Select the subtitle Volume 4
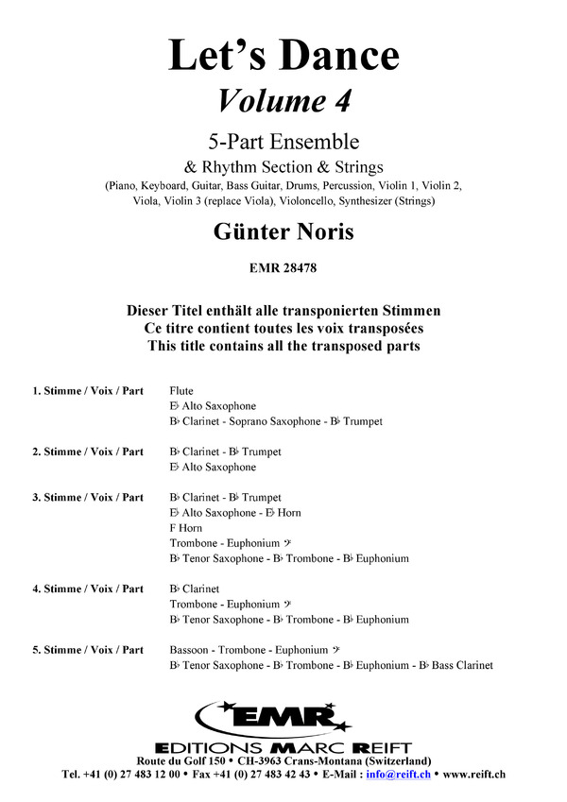coord(283,99)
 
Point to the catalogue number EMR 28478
coord(283,268)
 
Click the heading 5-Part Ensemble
coord(283,143)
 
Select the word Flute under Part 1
coord(180,390)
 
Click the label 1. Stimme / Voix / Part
coord(88,390)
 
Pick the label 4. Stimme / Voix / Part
coord(88,589)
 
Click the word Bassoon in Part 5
coord(191,650)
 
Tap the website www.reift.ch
coord(473,775)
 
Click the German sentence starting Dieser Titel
coord(283,310)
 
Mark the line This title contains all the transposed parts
coord(283,346)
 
